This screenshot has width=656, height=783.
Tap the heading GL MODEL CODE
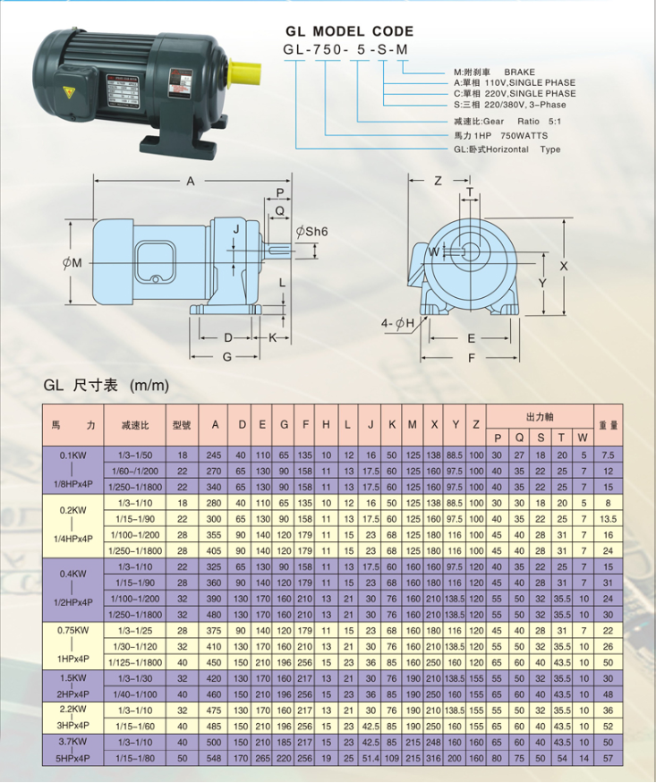click(x=349, y=31)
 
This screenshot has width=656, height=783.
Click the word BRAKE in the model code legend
click(x=519, y=72)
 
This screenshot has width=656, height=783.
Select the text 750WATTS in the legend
click(x=524, y=136)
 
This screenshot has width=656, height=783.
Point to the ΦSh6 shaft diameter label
click(x=311, y=232)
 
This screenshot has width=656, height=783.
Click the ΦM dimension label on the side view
click(x=72, y=263)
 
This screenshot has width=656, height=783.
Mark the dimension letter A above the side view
click(x=191, y=182)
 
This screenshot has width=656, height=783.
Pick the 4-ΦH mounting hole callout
click(x=398, y=324)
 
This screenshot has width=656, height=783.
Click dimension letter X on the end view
click(x=564, y=266)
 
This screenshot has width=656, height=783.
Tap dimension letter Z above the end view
click(x=438, y=181)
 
